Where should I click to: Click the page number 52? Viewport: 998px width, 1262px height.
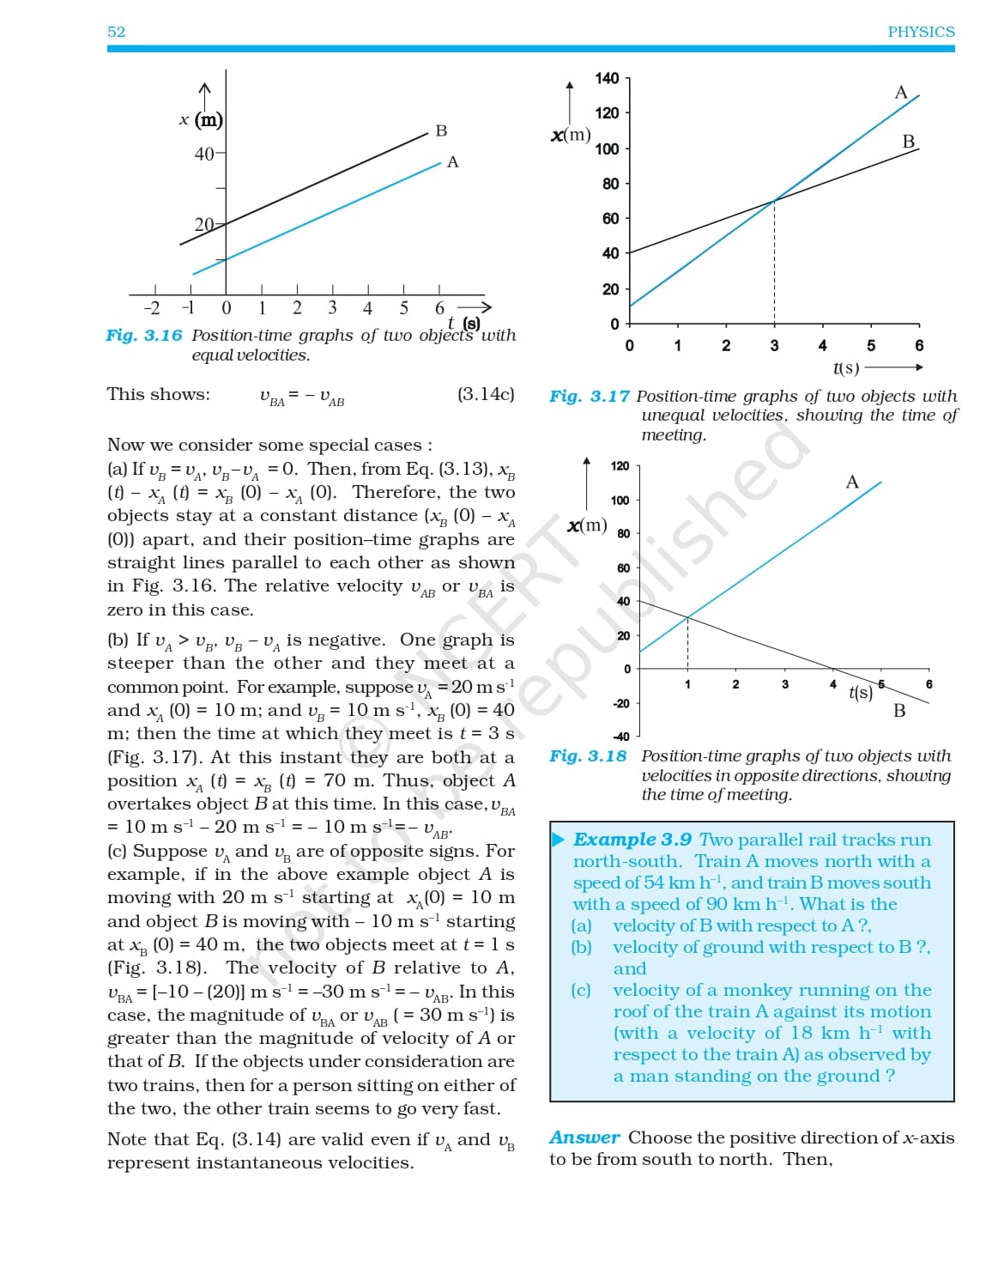(116, 32)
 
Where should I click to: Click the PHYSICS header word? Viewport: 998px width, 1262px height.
(921, 32)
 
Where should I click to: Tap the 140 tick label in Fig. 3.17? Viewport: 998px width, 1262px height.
(607, 78)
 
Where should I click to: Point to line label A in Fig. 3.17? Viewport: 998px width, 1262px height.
(900, 92)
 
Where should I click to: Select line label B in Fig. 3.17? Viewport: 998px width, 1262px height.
(908, 141)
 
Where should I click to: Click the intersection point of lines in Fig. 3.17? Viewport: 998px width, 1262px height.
(774, 201)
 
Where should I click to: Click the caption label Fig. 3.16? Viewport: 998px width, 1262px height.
(144, 336)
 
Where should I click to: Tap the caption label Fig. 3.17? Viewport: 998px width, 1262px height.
(589, 397)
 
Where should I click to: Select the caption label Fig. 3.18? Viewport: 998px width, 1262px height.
(589, 756)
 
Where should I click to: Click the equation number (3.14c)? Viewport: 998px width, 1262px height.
(486, 394)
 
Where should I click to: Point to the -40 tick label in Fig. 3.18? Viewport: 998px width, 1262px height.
(620, 737)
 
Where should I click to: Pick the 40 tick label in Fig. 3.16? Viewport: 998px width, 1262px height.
(204, 155)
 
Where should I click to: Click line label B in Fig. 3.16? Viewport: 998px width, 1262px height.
(441, 130)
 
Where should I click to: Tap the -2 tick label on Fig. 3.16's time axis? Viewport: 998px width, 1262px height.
(151, 308)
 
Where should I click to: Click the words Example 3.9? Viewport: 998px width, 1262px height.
(632, 840)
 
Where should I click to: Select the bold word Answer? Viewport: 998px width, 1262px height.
(584, 1138)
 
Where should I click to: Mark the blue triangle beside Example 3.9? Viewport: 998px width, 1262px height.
(559, 840)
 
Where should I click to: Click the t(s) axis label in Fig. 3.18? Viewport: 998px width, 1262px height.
(860, 692)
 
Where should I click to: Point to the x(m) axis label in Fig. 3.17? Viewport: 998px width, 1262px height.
(571, 135)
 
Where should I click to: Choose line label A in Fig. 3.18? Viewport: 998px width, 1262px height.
(851, 482)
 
